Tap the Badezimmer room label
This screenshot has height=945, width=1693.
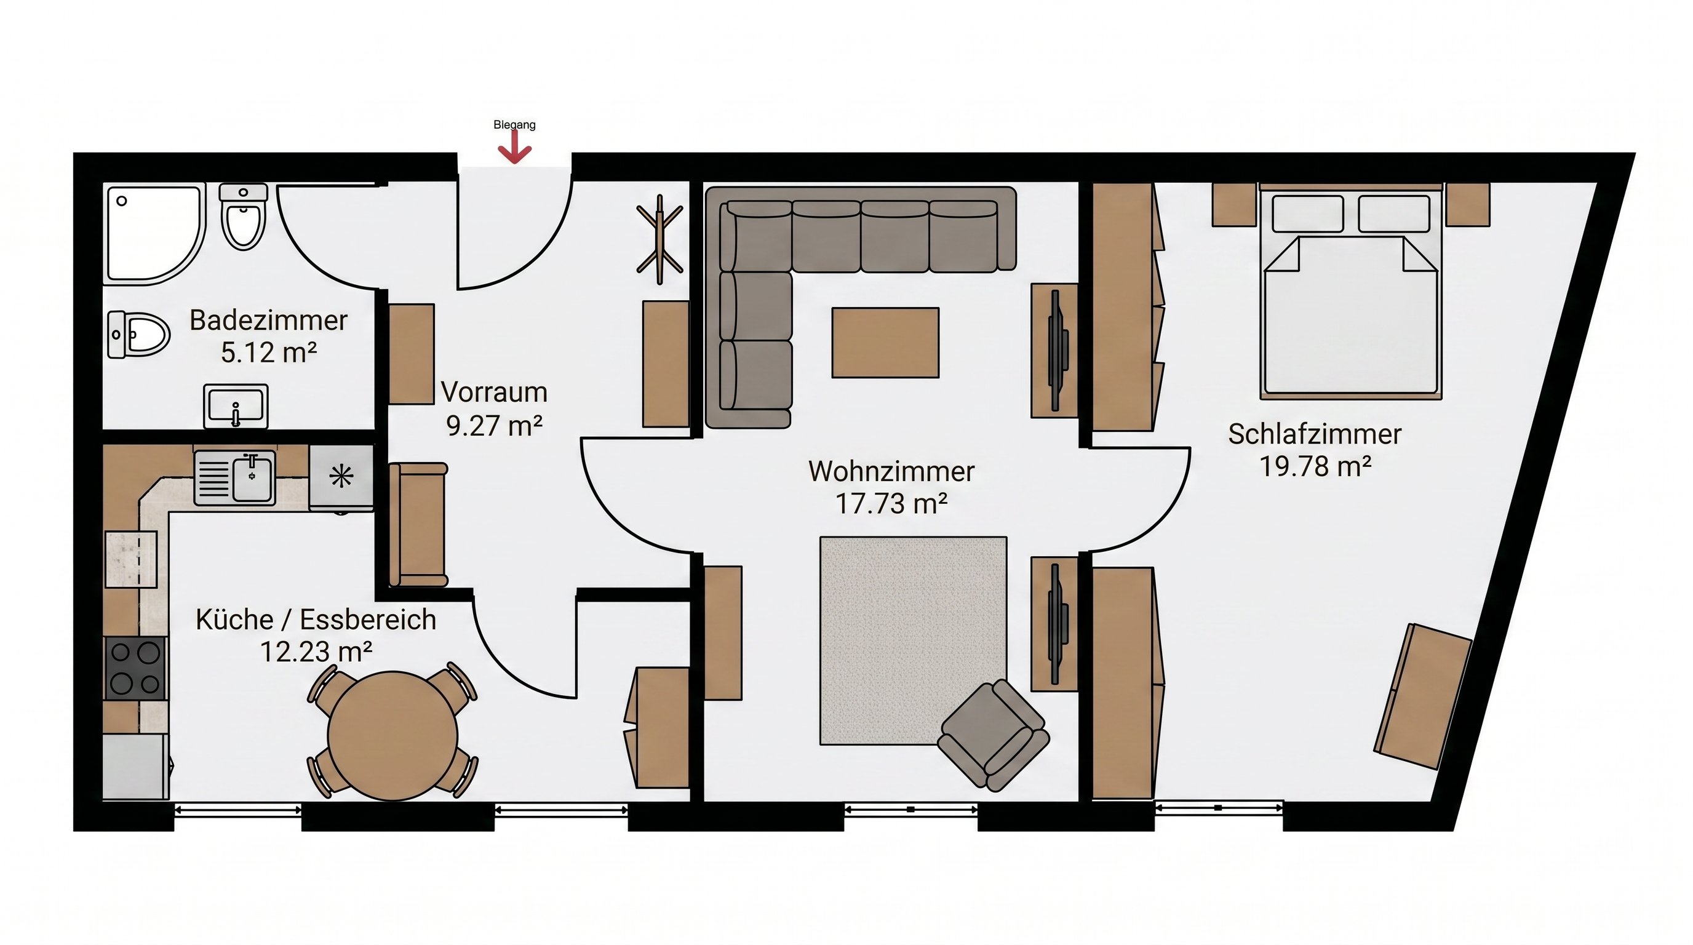pyautogui.click(x=268, y=321)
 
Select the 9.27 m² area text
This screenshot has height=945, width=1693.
pyautogui.click(x=494, y=425)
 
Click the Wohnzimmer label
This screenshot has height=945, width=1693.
pyautogui.click(x=891, y=471)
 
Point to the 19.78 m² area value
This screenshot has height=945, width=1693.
pyautogui.click(x=1315, y=466)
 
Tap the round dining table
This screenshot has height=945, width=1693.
pyautogui.click(x=392, y=735)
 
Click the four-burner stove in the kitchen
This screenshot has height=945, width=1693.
pyautogui.click(x=135, y=668)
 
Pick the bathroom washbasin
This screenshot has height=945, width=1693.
pyautogui.click(x=236, y=405)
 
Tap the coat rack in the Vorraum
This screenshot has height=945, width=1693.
pyautogui.click(x=660, y=239)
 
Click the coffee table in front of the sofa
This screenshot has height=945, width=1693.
pyautogui.click(x=885, y=343)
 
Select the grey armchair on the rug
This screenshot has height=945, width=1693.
pyautogui.click(x=993, y=735)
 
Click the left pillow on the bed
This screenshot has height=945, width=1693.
pyautogui.click(x=1307, y=213)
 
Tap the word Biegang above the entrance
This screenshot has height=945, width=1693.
pyautogui.click(x=514, y=124)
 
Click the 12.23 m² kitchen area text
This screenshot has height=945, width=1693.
pyautogui.click(x=316, y=652)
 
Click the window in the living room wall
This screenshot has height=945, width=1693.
pyautogui.click(x=911, y=809)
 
